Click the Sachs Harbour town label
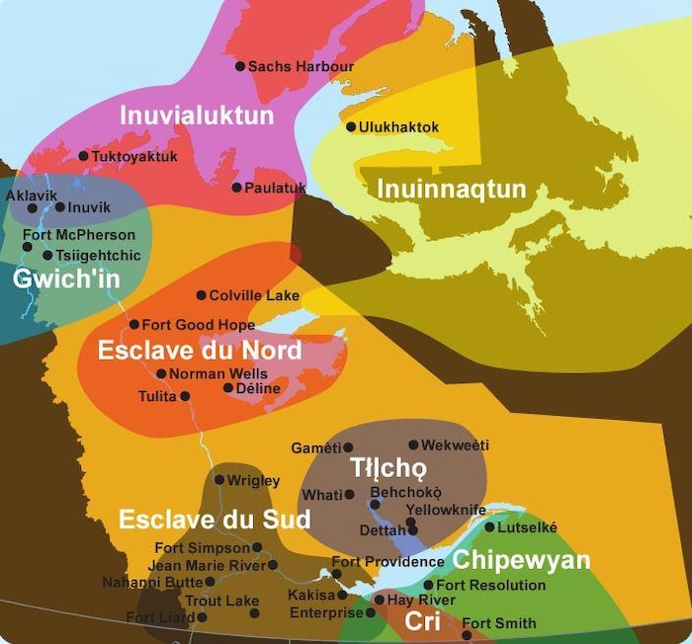[x=301, y=66]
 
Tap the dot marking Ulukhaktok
[x=351, y=126]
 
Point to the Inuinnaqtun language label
[x=450, y=189]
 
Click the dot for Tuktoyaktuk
[x=83, y=156]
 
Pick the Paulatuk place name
[x=276, y=188]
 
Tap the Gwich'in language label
[x=66, y=279]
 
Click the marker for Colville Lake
[x=201, y=294]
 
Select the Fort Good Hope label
[x=192, y=325]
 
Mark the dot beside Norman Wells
[x=161, y=373]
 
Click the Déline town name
[x=259, y=388]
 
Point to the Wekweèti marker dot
[x=413, y=444]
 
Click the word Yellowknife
[x=446, y=510]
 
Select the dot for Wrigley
[x=219, y=480]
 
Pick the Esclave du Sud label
[x=215, y=520]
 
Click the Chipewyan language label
[x=521, y=561]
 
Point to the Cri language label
[x=422, y=620]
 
